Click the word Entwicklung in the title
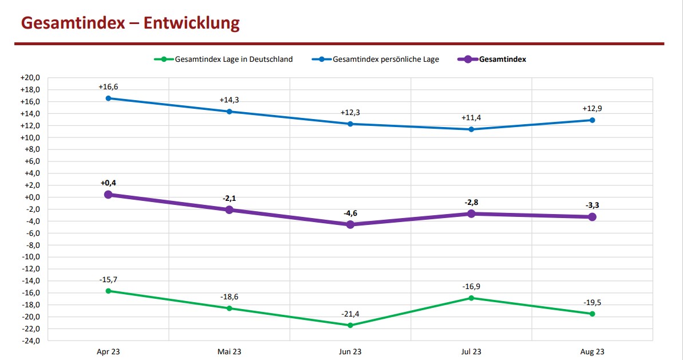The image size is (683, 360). point(192,23)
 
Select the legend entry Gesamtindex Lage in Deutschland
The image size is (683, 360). point(234,59)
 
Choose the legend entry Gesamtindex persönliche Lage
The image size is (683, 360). point(386,59)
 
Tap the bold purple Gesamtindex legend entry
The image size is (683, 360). point(503,59)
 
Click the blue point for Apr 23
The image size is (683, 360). point(108,98)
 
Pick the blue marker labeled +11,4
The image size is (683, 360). point(471,129)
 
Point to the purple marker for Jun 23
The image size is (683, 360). point(350,225)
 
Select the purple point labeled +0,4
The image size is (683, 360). point(108,195)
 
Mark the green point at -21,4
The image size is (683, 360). point(350,325)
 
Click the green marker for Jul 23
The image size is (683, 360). point(471,298)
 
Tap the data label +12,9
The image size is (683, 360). point(592,109)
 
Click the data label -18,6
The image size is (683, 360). point(229,297)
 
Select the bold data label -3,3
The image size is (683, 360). point(592,205)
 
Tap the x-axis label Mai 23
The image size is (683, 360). point(229,351)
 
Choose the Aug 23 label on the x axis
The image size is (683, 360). point(592,351)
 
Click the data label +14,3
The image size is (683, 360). point(229,100)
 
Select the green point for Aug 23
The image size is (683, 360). point(592,314)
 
